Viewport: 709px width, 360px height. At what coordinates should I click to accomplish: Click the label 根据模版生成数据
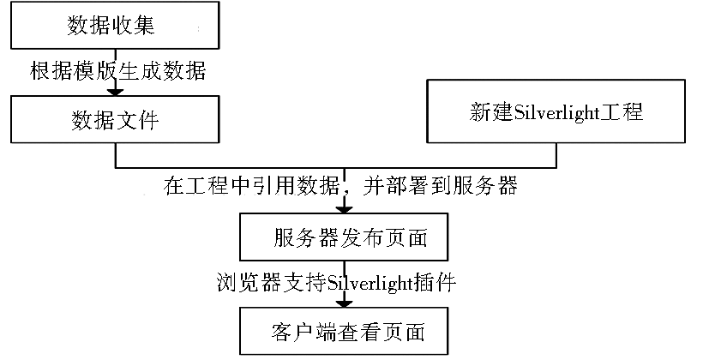coord(118,71)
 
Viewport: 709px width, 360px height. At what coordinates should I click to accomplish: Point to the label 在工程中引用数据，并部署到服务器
coord(340,185)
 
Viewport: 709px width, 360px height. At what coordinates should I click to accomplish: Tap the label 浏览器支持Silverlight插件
coord(336,283)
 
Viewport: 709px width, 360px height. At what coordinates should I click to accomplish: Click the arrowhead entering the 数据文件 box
coord(115,93)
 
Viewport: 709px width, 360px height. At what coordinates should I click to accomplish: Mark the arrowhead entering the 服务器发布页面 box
coord(344,210)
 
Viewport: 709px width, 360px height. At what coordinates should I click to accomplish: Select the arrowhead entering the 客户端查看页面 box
coord(344,304)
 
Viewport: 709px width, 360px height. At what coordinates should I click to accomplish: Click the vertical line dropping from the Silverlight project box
coord(556,155)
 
